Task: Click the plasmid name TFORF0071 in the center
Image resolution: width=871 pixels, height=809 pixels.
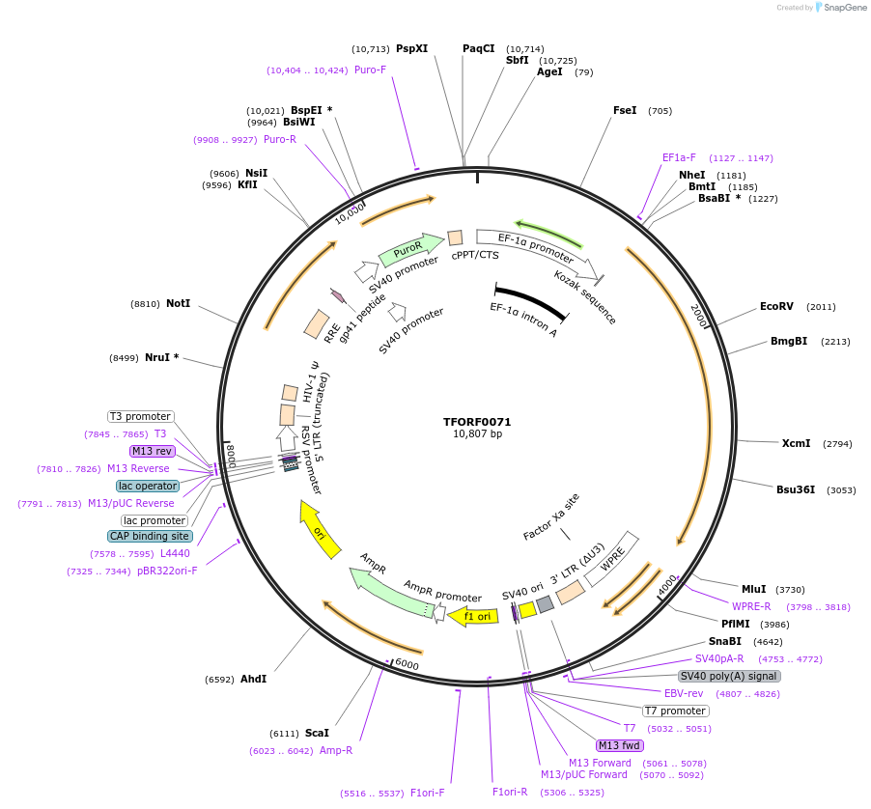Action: coord(477,422)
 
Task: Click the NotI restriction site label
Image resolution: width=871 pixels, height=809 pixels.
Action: coord(178,303)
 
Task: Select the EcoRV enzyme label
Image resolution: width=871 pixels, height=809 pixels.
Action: coord(776,306)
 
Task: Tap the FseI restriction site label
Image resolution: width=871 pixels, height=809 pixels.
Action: coord(625,110)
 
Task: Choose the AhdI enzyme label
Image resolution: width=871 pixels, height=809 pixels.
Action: coord(253,679)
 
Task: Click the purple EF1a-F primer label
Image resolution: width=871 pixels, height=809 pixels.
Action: coord(679,157)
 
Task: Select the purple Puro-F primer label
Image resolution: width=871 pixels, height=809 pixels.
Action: coord(370,70)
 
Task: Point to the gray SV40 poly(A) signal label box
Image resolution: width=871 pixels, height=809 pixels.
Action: coord(729,676)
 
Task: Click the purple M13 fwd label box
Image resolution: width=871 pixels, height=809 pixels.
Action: coord(620,745)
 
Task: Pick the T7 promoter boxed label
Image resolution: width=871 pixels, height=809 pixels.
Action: coord(676,711)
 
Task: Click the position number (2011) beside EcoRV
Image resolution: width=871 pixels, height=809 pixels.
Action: coord(821,307)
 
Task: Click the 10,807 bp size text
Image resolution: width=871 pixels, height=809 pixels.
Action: coord(477,434)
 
